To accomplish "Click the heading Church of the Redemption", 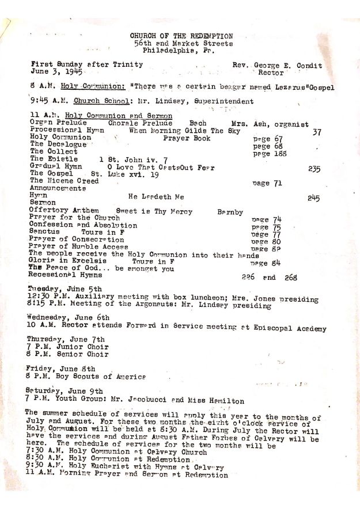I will pos(181,36).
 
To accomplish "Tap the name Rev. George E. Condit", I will pos(277,66).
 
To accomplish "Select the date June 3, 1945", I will pos(57,73).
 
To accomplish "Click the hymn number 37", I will pos(316,132).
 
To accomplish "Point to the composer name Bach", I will pos(198,124).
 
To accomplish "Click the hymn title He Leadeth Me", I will pos(156,197).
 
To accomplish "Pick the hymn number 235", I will pos(314,169).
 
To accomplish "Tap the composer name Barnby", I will pos(230,212).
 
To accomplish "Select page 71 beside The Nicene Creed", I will pos(267,183).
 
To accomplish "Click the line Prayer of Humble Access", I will pos(79,246).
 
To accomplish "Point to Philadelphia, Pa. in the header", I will pos(179,51).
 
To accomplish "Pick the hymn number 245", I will pos(313,197).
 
